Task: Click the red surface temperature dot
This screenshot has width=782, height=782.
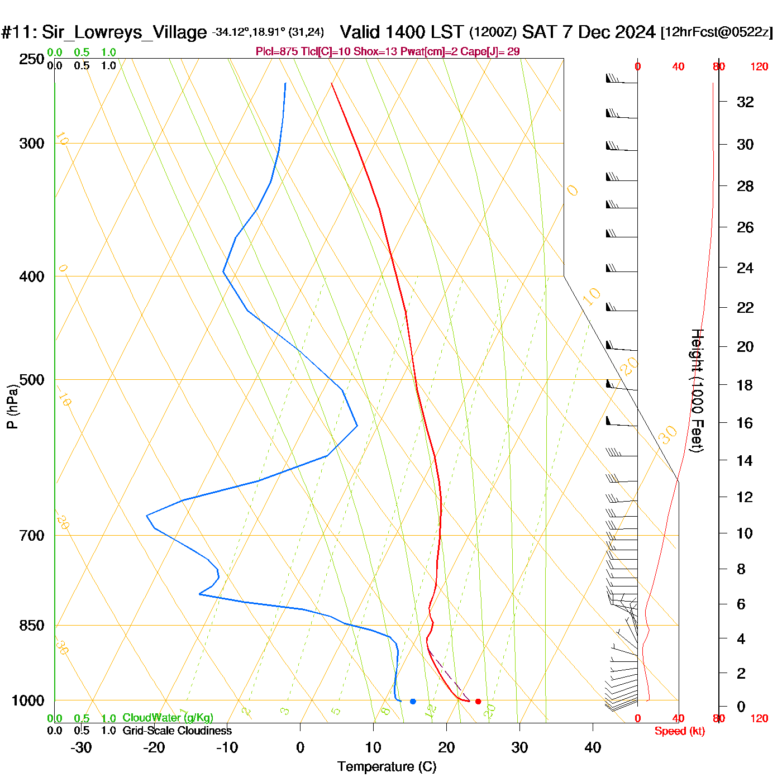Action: tap(478, 701)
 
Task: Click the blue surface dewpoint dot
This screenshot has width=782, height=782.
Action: tap(413, 701)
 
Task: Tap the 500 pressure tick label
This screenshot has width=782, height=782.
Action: tap(32, 380)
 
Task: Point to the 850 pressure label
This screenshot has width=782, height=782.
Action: tap(32, 626)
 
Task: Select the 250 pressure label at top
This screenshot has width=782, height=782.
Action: tap(32, 59)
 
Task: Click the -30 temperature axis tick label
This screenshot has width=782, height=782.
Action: tap(81, 747)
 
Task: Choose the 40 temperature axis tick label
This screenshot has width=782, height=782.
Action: tap(593, 747)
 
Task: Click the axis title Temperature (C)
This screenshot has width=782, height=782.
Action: tap(387, 767)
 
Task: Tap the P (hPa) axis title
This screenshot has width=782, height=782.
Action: tap(12, 406)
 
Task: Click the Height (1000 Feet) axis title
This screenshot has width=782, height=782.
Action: tap(697, 390)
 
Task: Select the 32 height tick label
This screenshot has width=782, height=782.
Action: tap(745, 102)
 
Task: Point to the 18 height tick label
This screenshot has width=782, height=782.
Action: tap(745, 385)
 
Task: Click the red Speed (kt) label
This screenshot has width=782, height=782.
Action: tap(680, 731)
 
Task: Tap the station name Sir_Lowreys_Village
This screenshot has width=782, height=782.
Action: tap(124, 32)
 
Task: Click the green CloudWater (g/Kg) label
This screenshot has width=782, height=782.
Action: tap(168, 718)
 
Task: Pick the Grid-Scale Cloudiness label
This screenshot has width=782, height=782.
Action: tap(177, 731)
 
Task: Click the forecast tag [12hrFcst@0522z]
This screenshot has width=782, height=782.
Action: tap(717, 32)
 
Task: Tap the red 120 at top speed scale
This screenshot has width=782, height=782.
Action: tap(759, 67)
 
